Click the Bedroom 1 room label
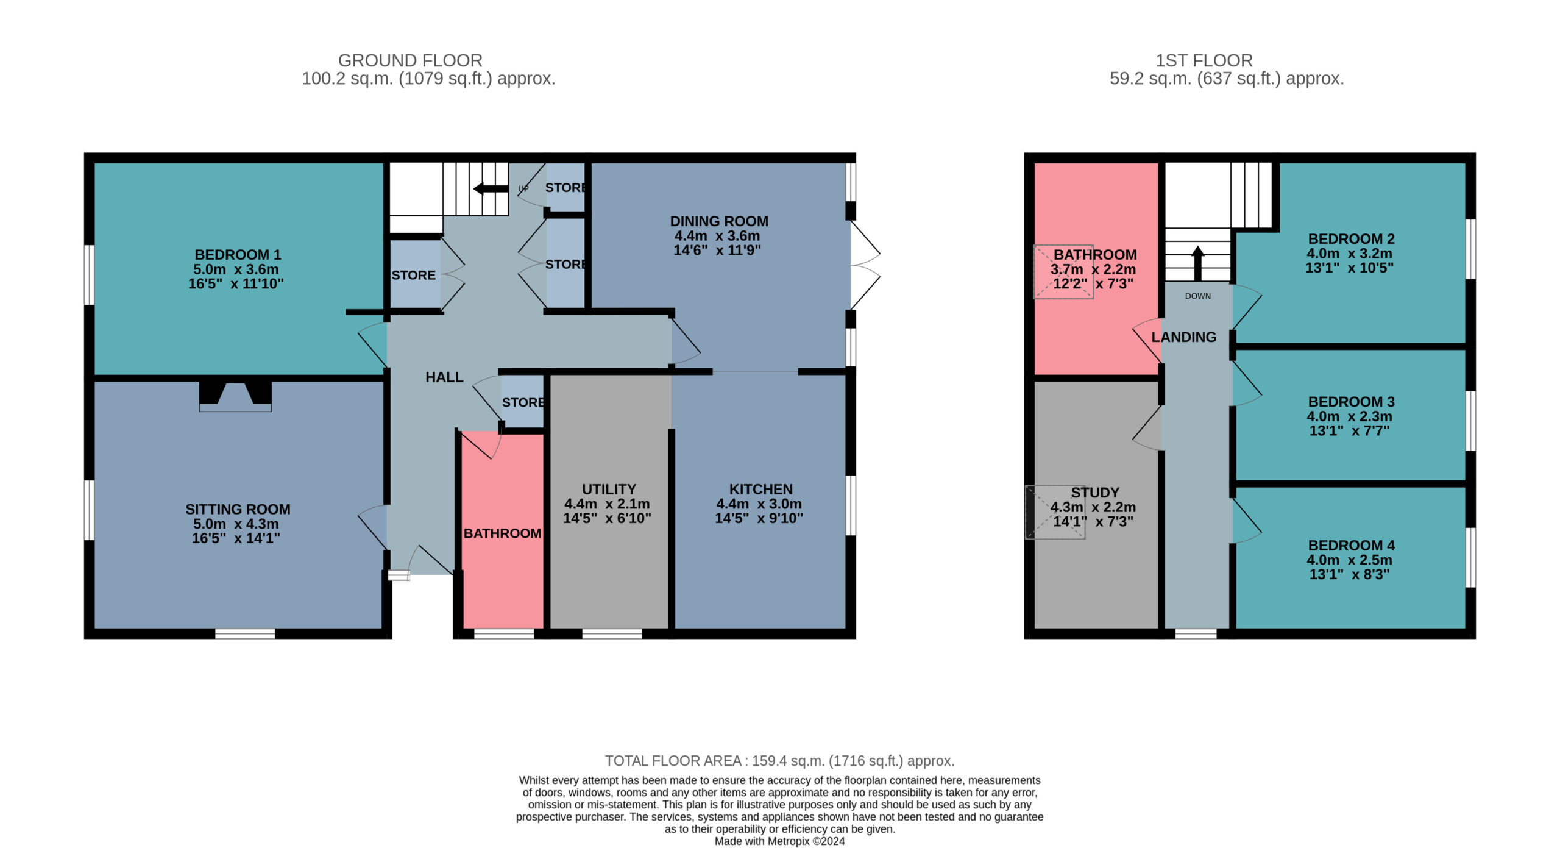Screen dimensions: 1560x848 pyautogui.click(x=238, y=255)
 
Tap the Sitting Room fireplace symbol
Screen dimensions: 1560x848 pyautogui.click(x=235, y=396)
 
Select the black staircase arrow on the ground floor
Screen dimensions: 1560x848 pyautogui.click(x=491, y=188)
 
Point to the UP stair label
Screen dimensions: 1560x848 pyautogui.click(x=523, y=188)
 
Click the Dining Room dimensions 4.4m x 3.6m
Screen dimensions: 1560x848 pyautogui.click(x=717, y=236)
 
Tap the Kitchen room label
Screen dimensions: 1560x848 pyautogui.click(x=761, y=490)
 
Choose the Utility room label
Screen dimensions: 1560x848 pyautogui.click(x=609, y=490)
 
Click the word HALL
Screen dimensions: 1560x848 pyautogui.click(x=444, y=377)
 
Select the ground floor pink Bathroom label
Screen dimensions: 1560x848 pyautogui.click(x=502, y=533)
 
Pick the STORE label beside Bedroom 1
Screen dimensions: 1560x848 pyautogui.click(x=413, y=276)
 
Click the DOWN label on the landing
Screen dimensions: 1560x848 pyautogui.click(x=1198, y=296)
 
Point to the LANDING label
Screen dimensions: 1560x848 pyautogui.click(x=1183, y=337)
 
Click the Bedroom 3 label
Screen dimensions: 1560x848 pyautogui.click(x=1351, y=402)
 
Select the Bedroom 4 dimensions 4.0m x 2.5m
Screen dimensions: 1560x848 pyautogui.click(x=1349, y=560)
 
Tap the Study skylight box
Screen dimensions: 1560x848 pyautogui.click(x=1055, y=512)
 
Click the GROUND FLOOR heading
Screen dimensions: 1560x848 pyautogui.click(x=410, y=60)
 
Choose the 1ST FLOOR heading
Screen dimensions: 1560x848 pyautogui.click(x=1204, y=60)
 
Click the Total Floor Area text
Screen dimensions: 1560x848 pyautogui.click(x=779, y=761)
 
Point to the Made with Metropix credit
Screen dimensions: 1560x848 pyautogui.click(x=779, y=841)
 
